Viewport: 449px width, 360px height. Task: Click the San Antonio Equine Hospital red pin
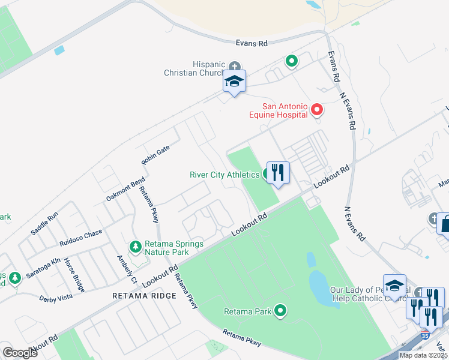pyautogui.click(x=317, y=110)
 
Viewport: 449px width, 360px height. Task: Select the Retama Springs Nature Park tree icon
pyautogui.click(x=136, y=247)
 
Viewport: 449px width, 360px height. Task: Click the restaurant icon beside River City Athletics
pyautogui.click(x=277, y=173)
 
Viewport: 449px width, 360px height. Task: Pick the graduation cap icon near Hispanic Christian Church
pyautogui.click(x=234, y=82)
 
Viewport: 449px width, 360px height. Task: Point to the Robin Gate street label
pyautogui.click(x=155, y=154)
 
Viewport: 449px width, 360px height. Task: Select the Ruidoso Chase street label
pyautogui.click(x=80, y=238)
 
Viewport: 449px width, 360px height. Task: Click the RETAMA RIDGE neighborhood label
pyautogui.click(x=144, y=296)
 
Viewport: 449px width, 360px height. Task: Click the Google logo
pyautogui.click(x=19, y=353)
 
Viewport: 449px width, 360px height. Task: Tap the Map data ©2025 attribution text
pyautogui.click(x=423, y=355)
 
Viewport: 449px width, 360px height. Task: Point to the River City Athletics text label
pyautogui.click(x=224, y=175)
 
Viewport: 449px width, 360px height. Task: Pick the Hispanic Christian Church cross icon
pyautogui.click(x=234, y=65)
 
